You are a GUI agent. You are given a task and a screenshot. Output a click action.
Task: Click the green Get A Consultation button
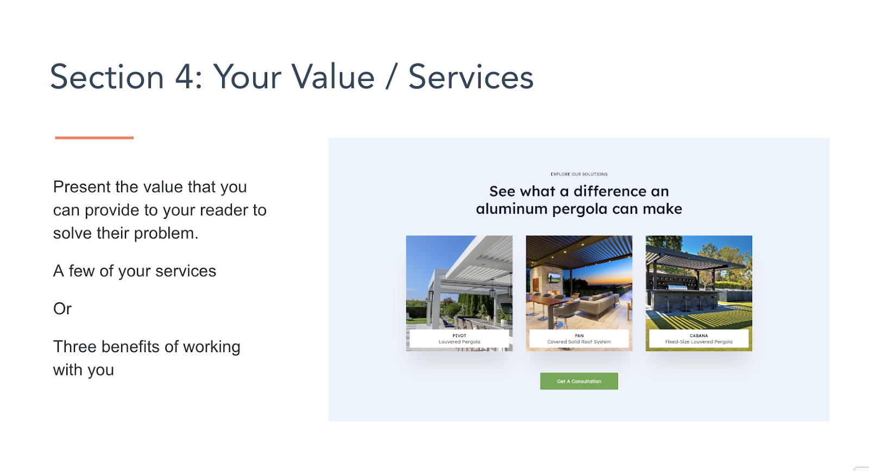[579, 381]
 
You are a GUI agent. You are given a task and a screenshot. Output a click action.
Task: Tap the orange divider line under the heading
[95, 138]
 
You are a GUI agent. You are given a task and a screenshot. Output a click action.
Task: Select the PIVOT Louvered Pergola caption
[459, 339]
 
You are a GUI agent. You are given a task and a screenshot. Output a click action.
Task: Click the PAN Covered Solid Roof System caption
[579, 339]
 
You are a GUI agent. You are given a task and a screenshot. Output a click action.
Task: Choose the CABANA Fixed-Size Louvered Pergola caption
[698, 339]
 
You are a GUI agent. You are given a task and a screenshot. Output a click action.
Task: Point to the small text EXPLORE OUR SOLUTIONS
[579, 174]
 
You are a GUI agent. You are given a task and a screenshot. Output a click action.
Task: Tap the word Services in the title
[471, 77]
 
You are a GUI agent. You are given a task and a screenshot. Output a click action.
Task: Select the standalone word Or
[62, 309]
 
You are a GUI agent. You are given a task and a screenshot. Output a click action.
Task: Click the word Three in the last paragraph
[74, 347]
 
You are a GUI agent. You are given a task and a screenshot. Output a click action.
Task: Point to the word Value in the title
[333, 77]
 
